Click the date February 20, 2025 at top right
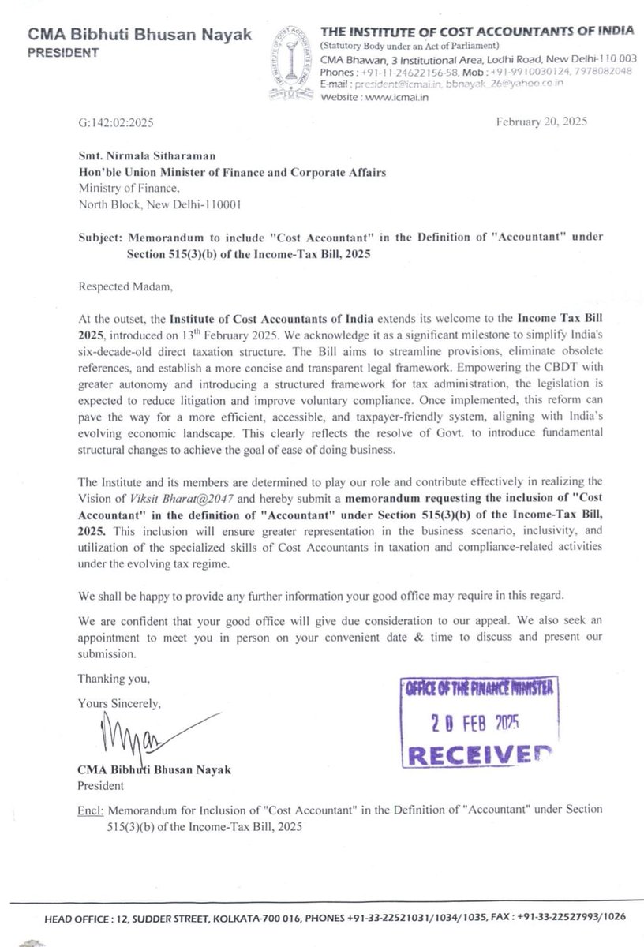click(x=541, y=122)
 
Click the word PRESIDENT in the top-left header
click(x=64, y=53)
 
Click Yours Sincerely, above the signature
click(x=119, y=702)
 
